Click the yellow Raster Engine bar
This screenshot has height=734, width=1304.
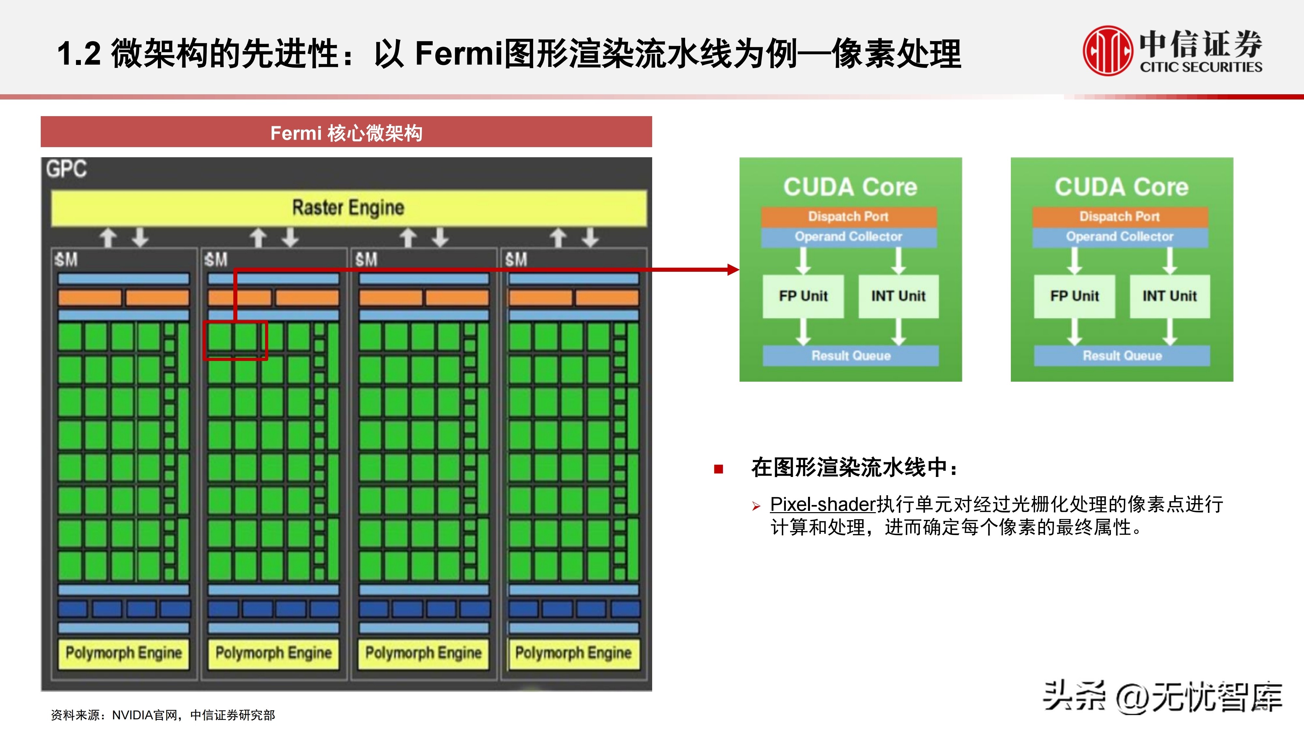(x=348, y=208)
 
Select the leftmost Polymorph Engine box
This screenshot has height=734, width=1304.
(x=124, y=653)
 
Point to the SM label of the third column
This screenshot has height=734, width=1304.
(x=366, y=260)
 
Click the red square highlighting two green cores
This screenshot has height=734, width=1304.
(x=235, y=340)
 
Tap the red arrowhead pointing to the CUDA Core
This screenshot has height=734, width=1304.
(x=733, y=269)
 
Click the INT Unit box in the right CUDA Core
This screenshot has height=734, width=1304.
(x=1169, y=296)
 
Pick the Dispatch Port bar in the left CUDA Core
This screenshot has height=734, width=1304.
(x=848, y=217)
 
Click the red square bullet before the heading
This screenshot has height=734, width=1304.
(x=718, y=469)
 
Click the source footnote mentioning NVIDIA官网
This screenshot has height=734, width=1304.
(x=163, y=715)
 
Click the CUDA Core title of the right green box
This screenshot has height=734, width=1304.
(x=1122, y=187)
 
